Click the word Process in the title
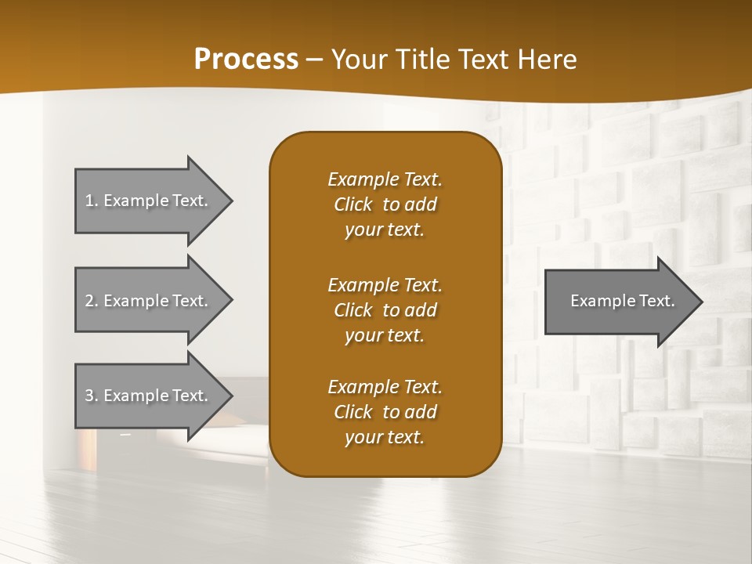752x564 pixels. click(246, 59)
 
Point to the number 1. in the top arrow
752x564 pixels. click(91, 201)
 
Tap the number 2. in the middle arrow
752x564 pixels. click(91, 301)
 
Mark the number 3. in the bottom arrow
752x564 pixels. click(91, 396)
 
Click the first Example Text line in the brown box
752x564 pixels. click(385, 179)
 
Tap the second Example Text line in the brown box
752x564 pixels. click(385, 285)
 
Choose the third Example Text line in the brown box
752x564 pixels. click(385, 387)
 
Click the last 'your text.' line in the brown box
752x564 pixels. click(385, 437)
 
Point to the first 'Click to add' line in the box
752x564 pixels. click(385, 204)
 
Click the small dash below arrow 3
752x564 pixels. click(125, 433)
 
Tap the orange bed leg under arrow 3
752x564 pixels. click(88, 446)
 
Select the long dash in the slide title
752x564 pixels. click(315, 60)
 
